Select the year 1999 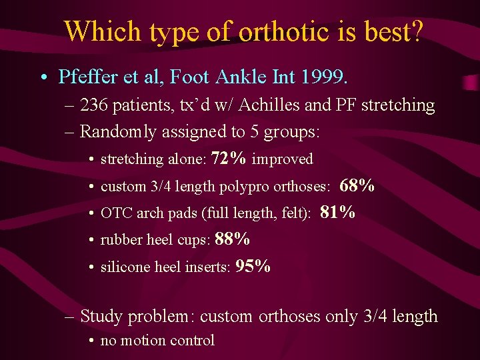(323, 77)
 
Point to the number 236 (97, 105)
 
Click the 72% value (228, 159)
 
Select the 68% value (357, 186)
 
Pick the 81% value (337, 213)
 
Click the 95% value (253, 267)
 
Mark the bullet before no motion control (91, 341)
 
